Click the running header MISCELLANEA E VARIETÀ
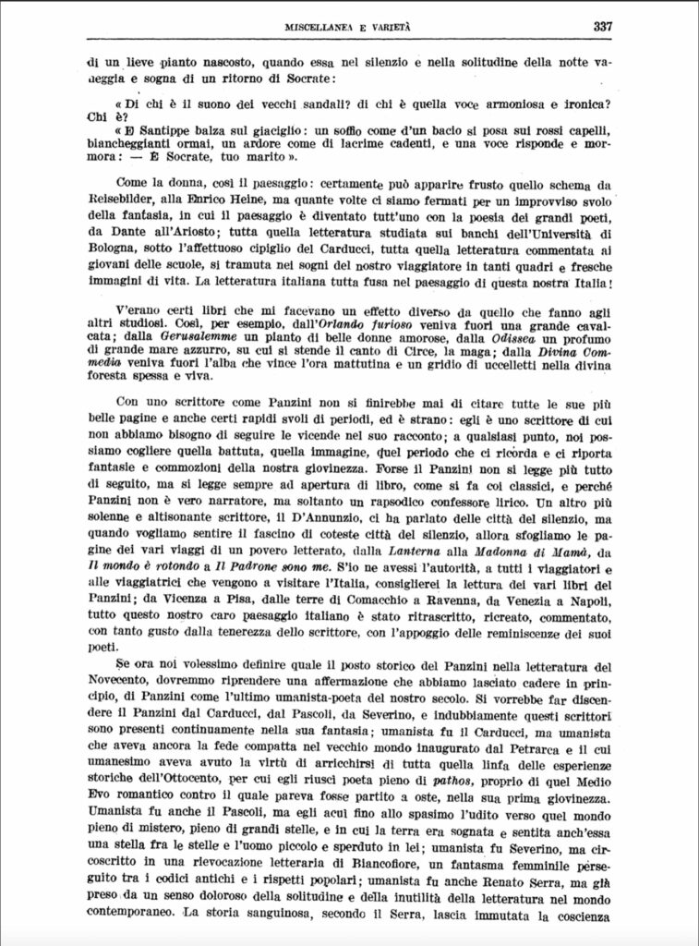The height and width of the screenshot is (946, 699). (x=349, y=28)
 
